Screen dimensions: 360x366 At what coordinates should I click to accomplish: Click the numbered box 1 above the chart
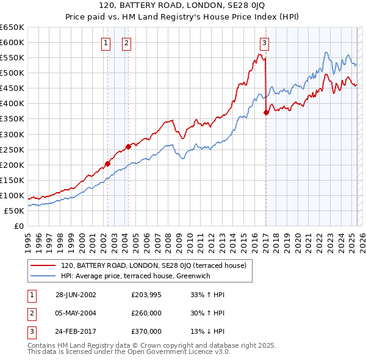pyautogui.click(x=106, y=43)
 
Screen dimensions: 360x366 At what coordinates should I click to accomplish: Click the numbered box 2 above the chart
pyautogui.click(x=126, y=43)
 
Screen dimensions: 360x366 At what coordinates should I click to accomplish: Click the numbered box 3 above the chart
pyautogui.click(x=265, y=43)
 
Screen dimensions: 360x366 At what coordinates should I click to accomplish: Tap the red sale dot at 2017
pyautogui.click(x=266, y=112)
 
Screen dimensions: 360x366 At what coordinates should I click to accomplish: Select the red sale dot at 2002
pyautogui.click(x=107, y=164)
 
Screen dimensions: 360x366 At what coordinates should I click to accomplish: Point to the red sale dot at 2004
pyautogui.click(x=129, y=146)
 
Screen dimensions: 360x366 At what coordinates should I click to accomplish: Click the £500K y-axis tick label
pyautogui.click(x=12, y=73)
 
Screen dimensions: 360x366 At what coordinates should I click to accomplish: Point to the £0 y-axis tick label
pyautogui.click(x=18, y=226)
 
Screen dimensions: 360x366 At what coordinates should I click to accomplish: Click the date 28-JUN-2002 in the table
pyautogui.click(x=76, y=295)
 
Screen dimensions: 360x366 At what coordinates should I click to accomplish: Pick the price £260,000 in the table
pyautogui.click(x=146, y=313)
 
